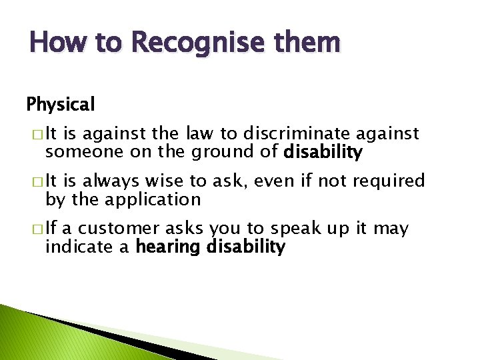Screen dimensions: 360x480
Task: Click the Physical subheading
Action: point(61,105)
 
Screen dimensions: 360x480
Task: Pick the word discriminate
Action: point(305,134)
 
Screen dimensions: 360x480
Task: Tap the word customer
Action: point(119,229)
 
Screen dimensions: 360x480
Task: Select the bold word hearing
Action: point(169,247)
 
